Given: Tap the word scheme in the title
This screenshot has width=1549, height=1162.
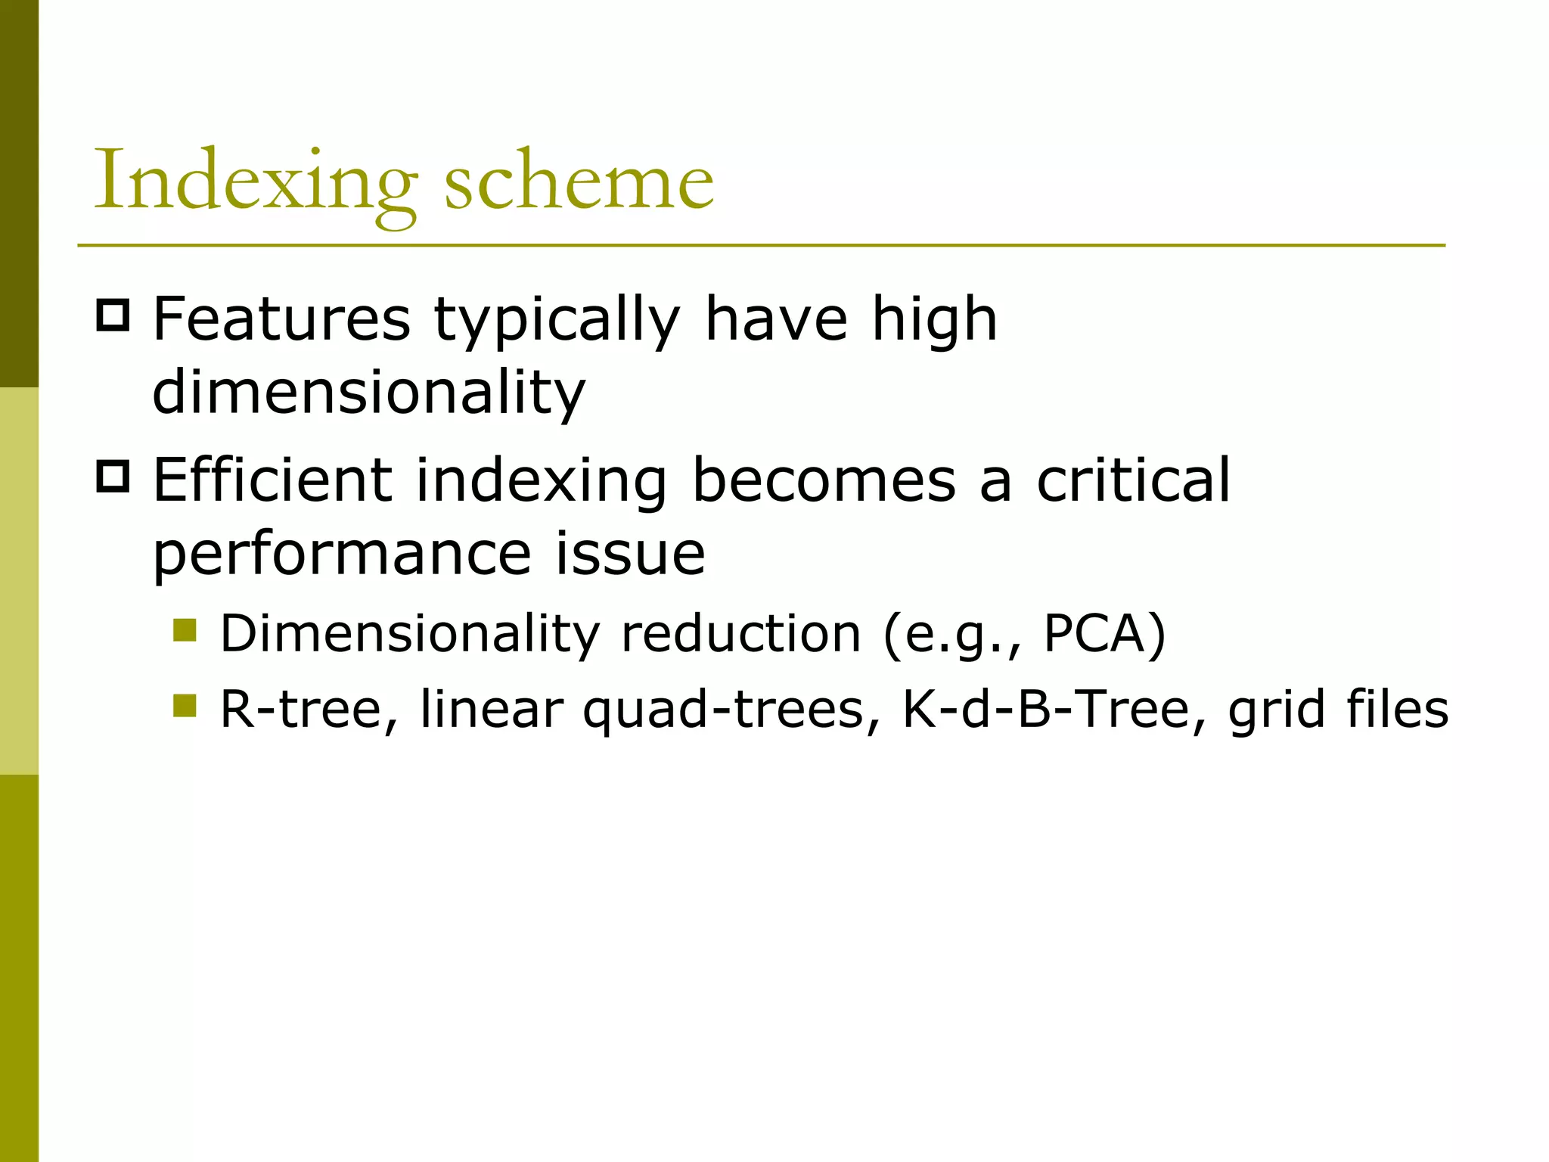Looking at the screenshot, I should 579,182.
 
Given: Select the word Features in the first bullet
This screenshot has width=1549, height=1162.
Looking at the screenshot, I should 281,319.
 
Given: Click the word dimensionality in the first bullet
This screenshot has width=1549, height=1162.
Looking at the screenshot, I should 369,393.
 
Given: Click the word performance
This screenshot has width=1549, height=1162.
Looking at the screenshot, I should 343,555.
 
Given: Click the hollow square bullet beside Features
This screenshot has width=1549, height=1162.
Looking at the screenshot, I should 113,315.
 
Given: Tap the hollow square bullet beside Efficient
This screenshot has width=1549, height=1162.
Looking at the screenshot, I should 113,476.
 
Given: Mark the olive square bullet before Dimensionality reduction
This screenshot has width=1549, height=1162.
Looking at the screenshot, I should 185,629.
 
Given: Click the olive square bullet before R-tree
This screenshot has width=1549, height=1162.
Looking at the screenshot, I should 185,706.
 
